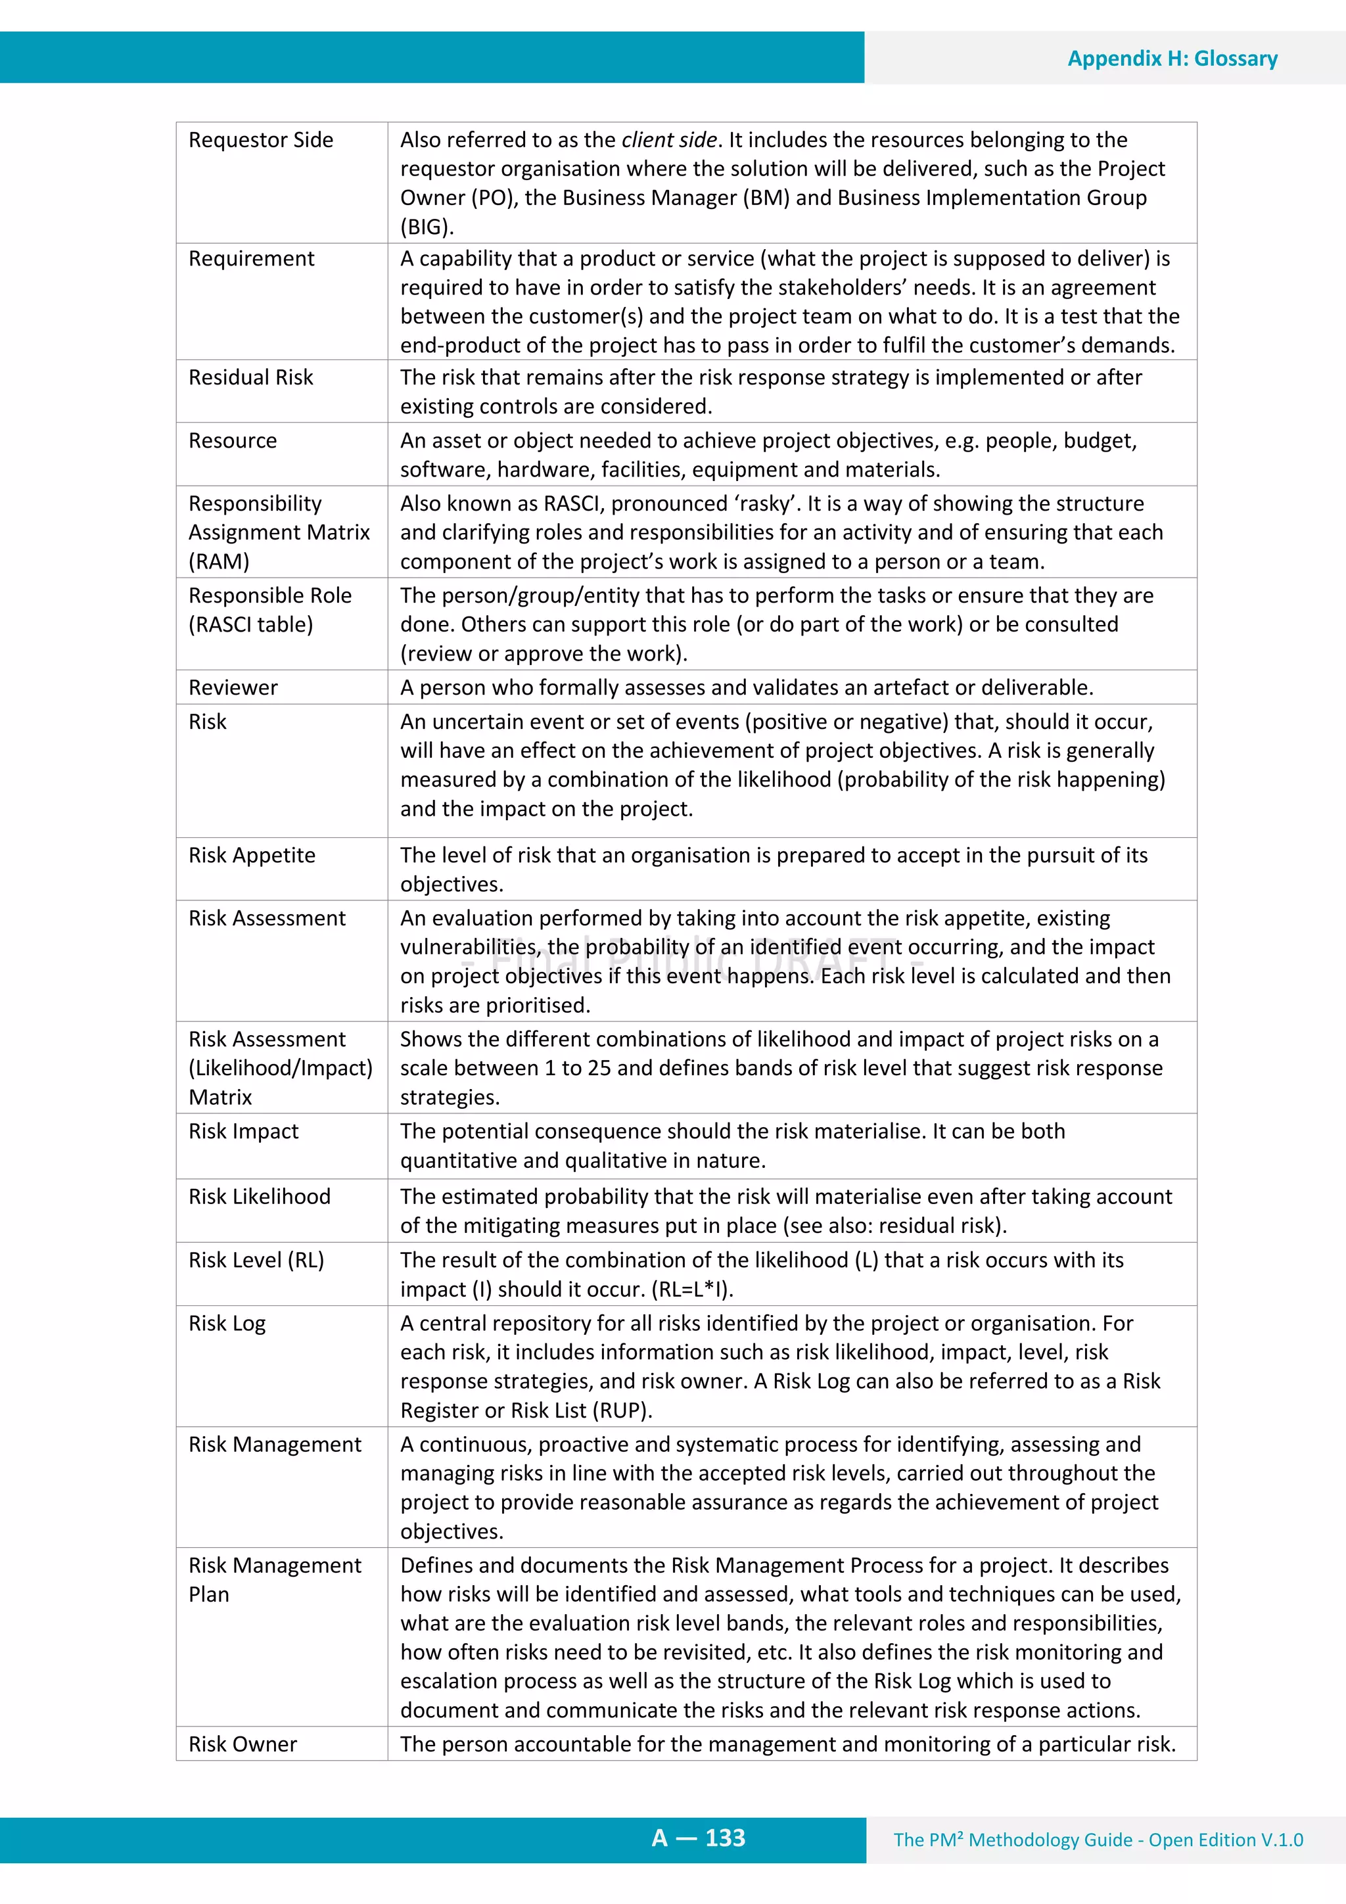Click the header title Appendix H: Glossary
point(1172,59)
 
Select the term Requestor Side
point(260,140)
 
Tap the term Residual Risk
point(250,377)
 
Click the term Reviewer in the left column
point(233,687)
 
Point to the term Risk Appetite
point(251,855)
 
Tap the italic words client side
point(668,140)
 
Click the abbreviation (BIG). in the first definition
point(427,227)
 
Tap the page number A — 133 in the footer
point(698,1838)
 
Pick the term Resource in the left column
point(232,440)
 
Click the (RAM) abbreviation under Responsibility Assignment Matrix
point(219,561)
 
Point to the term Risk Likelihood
point(259,1197)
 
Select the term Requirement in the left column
point(251,259)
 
